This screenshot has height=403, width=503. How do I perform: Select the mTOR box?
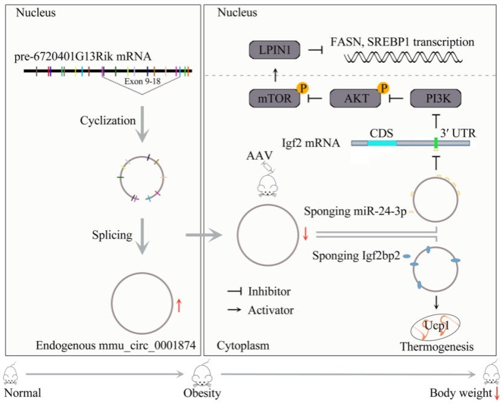point(272,98)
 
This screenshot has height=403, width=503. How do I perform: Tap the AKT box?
point(354,98)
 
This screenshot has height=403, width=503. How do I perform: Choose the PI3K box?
point(434,98)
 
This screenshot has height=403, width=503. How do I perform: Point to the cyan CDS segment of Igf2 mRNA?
point(382,144)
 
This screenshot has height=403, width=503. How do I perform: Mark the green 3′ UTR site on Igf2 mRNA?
point(436,143)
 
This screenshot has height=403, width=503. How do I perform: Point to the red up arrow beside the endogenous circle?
point(179,306)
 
